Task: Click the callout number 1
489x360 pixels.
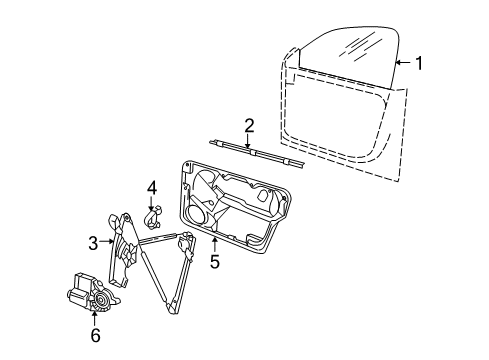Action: coord(419,63)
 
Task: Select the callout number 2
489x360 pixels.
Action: coord(249,126)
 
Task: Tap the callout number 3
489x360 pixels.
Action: coord(93,243)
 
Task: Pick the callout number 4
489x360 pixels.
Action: coord(152,188)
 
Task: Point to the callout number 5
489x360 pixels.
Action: coord(215,261)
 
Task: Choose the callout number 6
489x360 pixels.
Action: coord(95,335)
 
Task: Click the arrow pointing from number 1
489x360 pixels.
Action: coord(404,62)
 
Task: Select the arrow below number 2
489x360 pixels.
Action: coord(247,141)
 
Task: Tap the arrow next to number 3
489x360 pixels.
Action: coord(107,241)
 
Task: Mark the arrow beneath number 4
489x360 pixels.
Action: coord(151,203)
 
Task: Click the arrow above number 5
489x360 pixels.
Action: coord(215,244)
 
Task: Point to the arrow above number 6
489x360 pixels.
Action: coord(95,318)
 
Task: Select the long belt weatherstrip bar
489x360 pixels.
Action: coord(257,153)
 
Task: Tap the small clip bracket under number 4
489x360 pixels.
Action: coord(154,218)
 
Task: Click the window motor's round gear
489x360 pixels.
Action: coord(100,300)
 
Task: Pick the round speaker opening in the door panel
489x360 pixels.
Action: coord(196,214)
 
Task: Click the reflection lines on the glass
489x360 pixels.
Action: coord(358,46)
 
